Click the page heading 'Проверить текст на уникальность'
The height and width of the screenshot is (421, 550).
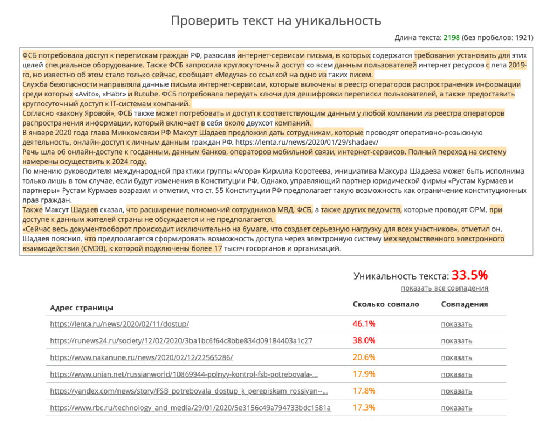click(x=276, y=21)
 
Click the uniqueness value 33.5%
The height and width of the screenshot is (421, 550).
click(x=470, y=275)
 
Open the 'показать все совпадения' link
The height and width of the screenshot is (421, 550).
click(x=444, y=288)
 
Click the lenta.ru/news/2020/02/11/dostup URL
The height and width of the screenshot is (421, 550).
click(x=119, y=324)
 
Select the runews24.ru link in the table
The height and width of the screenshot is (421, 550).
click(x=181, y=340)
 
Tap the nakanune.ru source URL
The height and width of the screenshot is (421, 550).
click(x=141, y=357)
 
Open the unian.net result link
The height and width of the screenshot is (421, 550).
click(x=184, y=374)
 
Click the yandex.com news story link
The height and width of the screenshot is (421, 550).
click(x=189, y=391)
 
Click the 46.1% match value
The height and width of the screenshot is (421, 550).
click(x=364, y=324)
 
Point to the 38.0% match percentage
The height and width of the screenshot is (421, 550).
click(x=364, y=340)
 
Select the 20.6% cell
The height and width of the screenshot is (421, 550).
click(x=364, y=357)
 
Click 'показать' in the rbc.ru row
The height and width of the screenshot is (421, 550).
click(x=456, y=408)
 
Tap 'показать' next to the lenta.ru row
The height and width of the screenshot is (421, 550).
click(x=456, y=324)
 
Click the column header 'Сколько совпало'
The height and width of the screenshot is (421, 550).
click(x=385, y=304)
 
